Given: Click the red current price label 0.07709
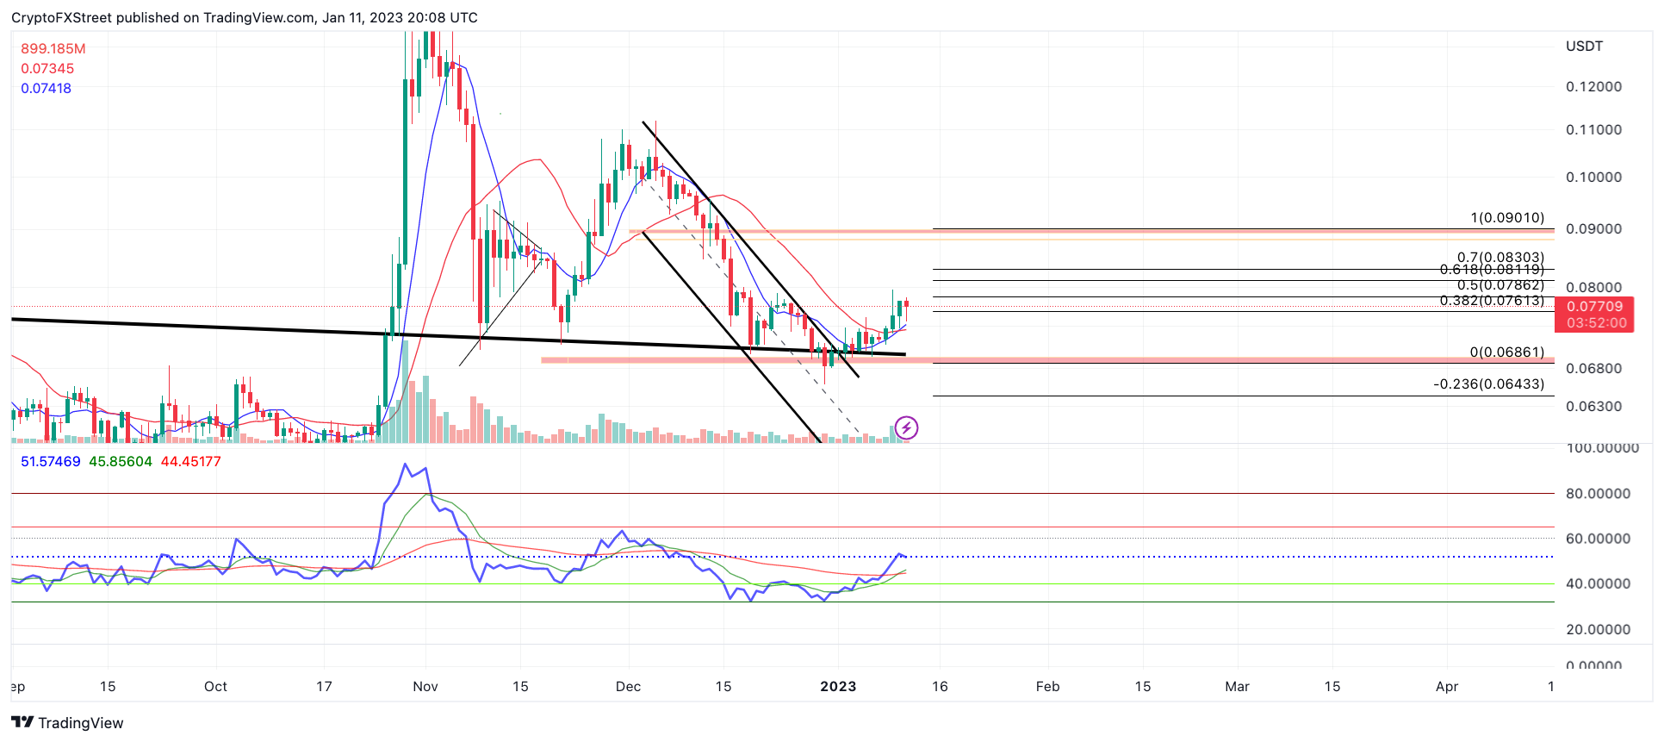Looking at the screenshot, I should tap(1594, 307).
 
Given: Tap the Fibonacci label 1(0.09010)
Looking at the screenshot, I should tap(1507, 218).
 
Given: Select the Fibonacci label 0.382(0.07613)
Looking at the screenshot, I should tap(1492, 301).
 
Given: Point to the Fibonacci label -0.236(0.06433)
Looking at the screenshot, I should tap(1488, 384).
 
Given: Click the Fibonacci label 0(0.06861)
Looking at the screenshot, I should tap(1506, 352).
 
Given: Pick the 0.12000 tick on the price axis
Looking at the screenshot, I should tap(1593, 87).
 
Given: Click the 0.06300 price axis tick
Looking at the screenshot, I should tap(1593, 407).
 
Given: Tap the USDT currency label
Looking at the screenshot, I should tap(1584, 47).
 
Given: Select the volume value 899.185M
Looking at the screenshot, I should tap(53, 49).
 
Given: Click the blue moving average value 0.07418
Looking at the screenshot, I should tap(47, 89).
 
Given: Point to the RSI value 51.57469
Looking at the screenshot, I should tap(51, 462).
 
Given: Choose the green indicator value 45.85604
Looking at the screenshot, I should tap(121, 462).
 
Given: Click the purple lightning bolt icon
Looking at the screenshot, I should tap(906, 427).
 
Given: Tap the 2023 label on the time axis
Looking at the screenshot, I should tap(838, 687).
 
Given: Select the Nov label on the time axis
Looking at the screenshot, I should tap(425, 687).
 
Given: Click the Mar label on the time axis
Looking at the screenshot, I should tap(1237, 687).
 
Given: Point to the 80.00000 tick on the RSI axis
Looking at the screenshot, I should tap(1598, 494).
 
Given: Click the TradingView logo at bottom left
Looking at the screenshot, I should tap(68, 723).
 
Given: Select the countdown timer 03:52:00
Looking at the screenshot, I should tap(1597, 323).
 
